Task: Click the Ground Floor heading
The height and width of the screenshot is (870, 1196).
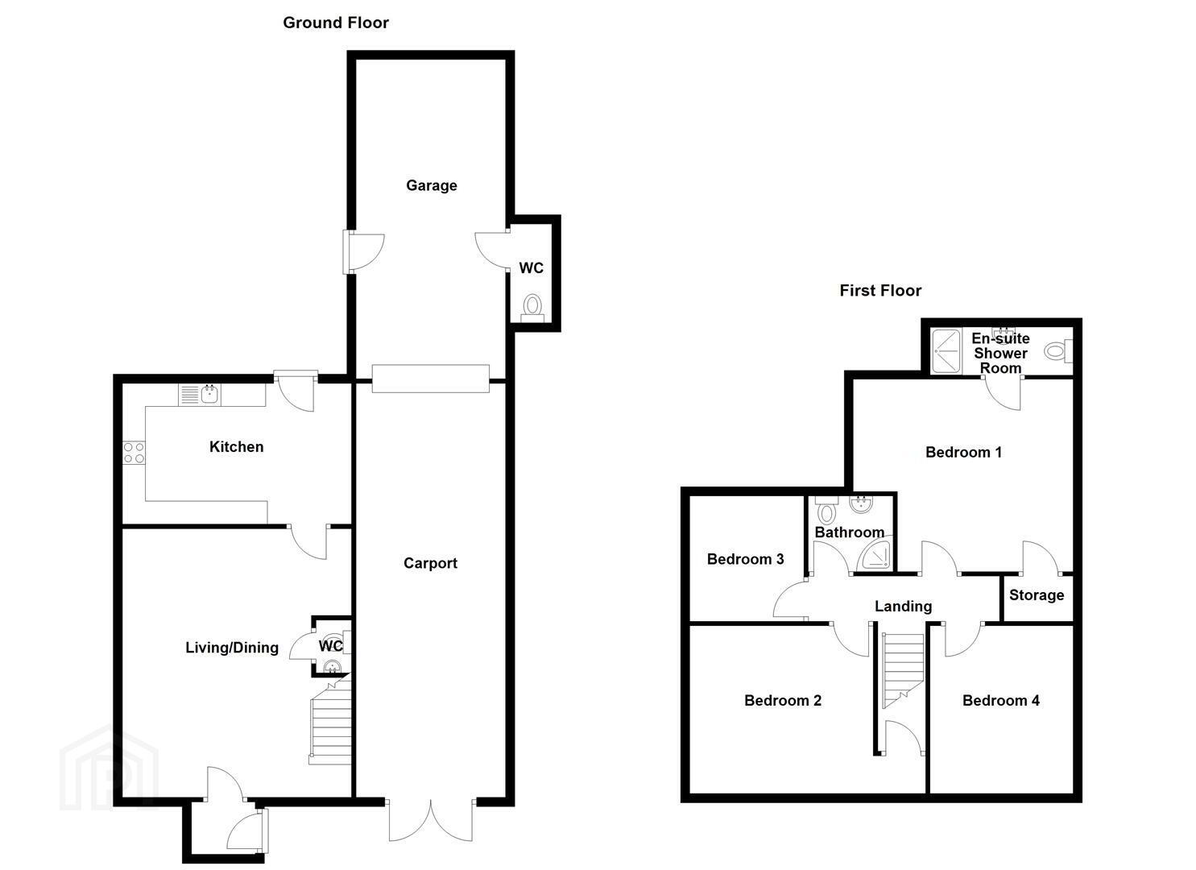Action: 335,23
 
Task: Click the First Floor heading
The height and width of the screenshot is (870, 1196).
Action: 880,291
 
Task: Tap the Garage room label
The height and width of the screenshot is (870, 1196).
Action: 432,186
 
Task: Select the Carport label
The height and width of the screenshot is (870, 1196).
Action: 430,563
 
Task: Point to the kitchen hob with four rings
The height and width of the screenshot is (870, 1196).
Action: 134,453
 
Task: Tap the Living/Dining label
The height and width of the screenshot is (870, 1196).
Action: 232,648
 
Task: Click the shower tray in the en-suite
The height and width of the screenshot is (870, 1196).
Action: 946,351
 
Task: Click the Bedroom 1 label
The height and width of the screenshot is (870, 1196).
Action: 963,453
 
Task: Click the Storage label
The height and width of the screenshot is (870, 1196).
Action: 1037,595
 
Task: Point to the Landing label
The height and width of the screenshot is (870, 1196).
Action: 903,606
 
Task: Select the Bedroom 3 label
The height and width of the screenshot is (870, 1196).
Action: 745,559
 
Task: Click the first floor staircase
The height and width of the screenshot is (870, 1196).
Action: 902,670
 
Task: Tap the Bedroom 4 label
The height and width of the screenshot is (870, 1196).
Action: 1000,700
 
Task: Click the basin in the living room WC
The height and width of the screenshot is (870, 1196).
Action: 332,666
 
